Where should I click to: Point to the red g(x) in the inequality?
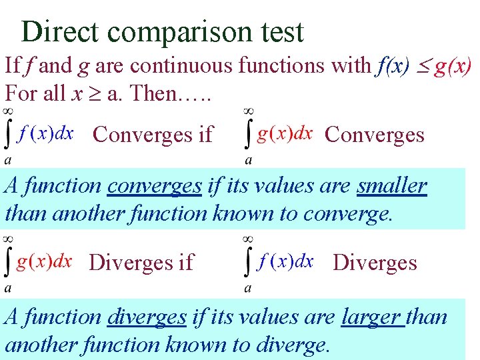click(453, 65)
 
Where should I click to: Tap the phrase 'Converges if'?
click(153, 135)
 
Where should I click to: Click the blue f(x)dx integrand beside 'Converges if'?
click(46, 133)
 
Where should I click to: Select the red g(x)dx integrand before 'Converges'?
click(285, 133)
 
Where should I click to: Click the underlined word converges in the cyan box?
click(154, 185)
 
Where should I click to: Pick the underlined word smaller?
click(391, 185)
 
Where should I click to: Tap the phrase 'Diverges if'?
click(141, 263)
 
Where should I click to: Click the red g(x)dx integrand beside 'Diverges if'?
click(44, 261)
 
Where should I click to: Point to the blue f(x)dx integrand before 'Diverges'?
click(285, 261)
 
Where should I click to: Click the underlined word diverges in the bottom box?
click(147, 316)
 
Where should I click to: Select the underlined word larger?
click(372, 316)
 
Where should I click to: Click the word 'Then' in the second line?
click(151, 93)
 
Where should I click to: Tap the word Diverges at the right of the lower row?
click(375, 263)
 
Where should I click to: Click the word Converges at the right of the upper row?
click(374, 135)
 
